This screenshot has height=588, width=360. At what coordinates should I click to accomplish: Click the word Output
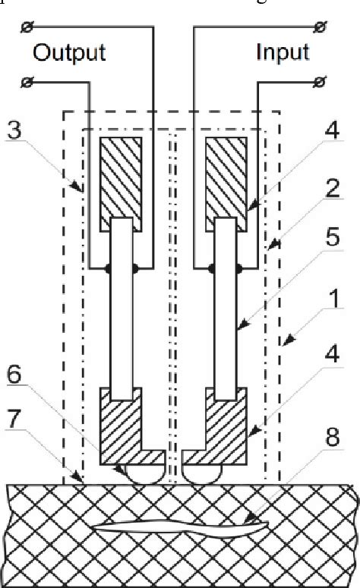point(69,52)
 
